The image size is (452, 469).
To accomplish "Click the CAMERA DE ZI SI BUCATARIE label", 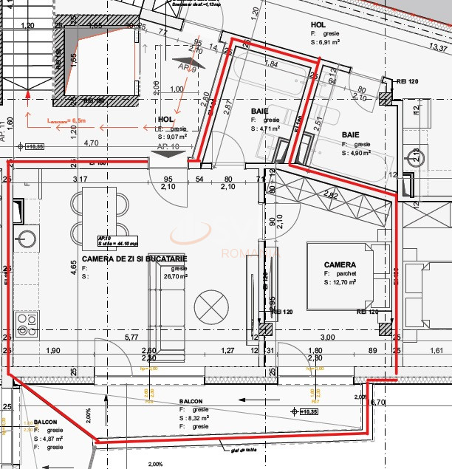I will tap(134, 259).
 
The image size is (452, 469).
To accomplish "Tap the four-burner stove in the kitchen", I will tap(27, 323).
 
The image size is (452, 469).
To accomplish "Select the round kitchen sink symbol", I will tap(27, 239).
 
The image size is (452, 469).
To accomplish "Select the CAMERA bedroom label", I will tap(340, 264).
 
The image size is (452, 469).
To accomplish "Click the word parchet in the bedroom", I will tap(344, 273).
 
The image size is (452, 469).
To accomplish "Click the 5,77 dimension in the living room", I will tap(131, 338).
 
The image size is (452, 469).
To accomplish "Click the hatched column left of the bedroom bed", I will tap(265, 329).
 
